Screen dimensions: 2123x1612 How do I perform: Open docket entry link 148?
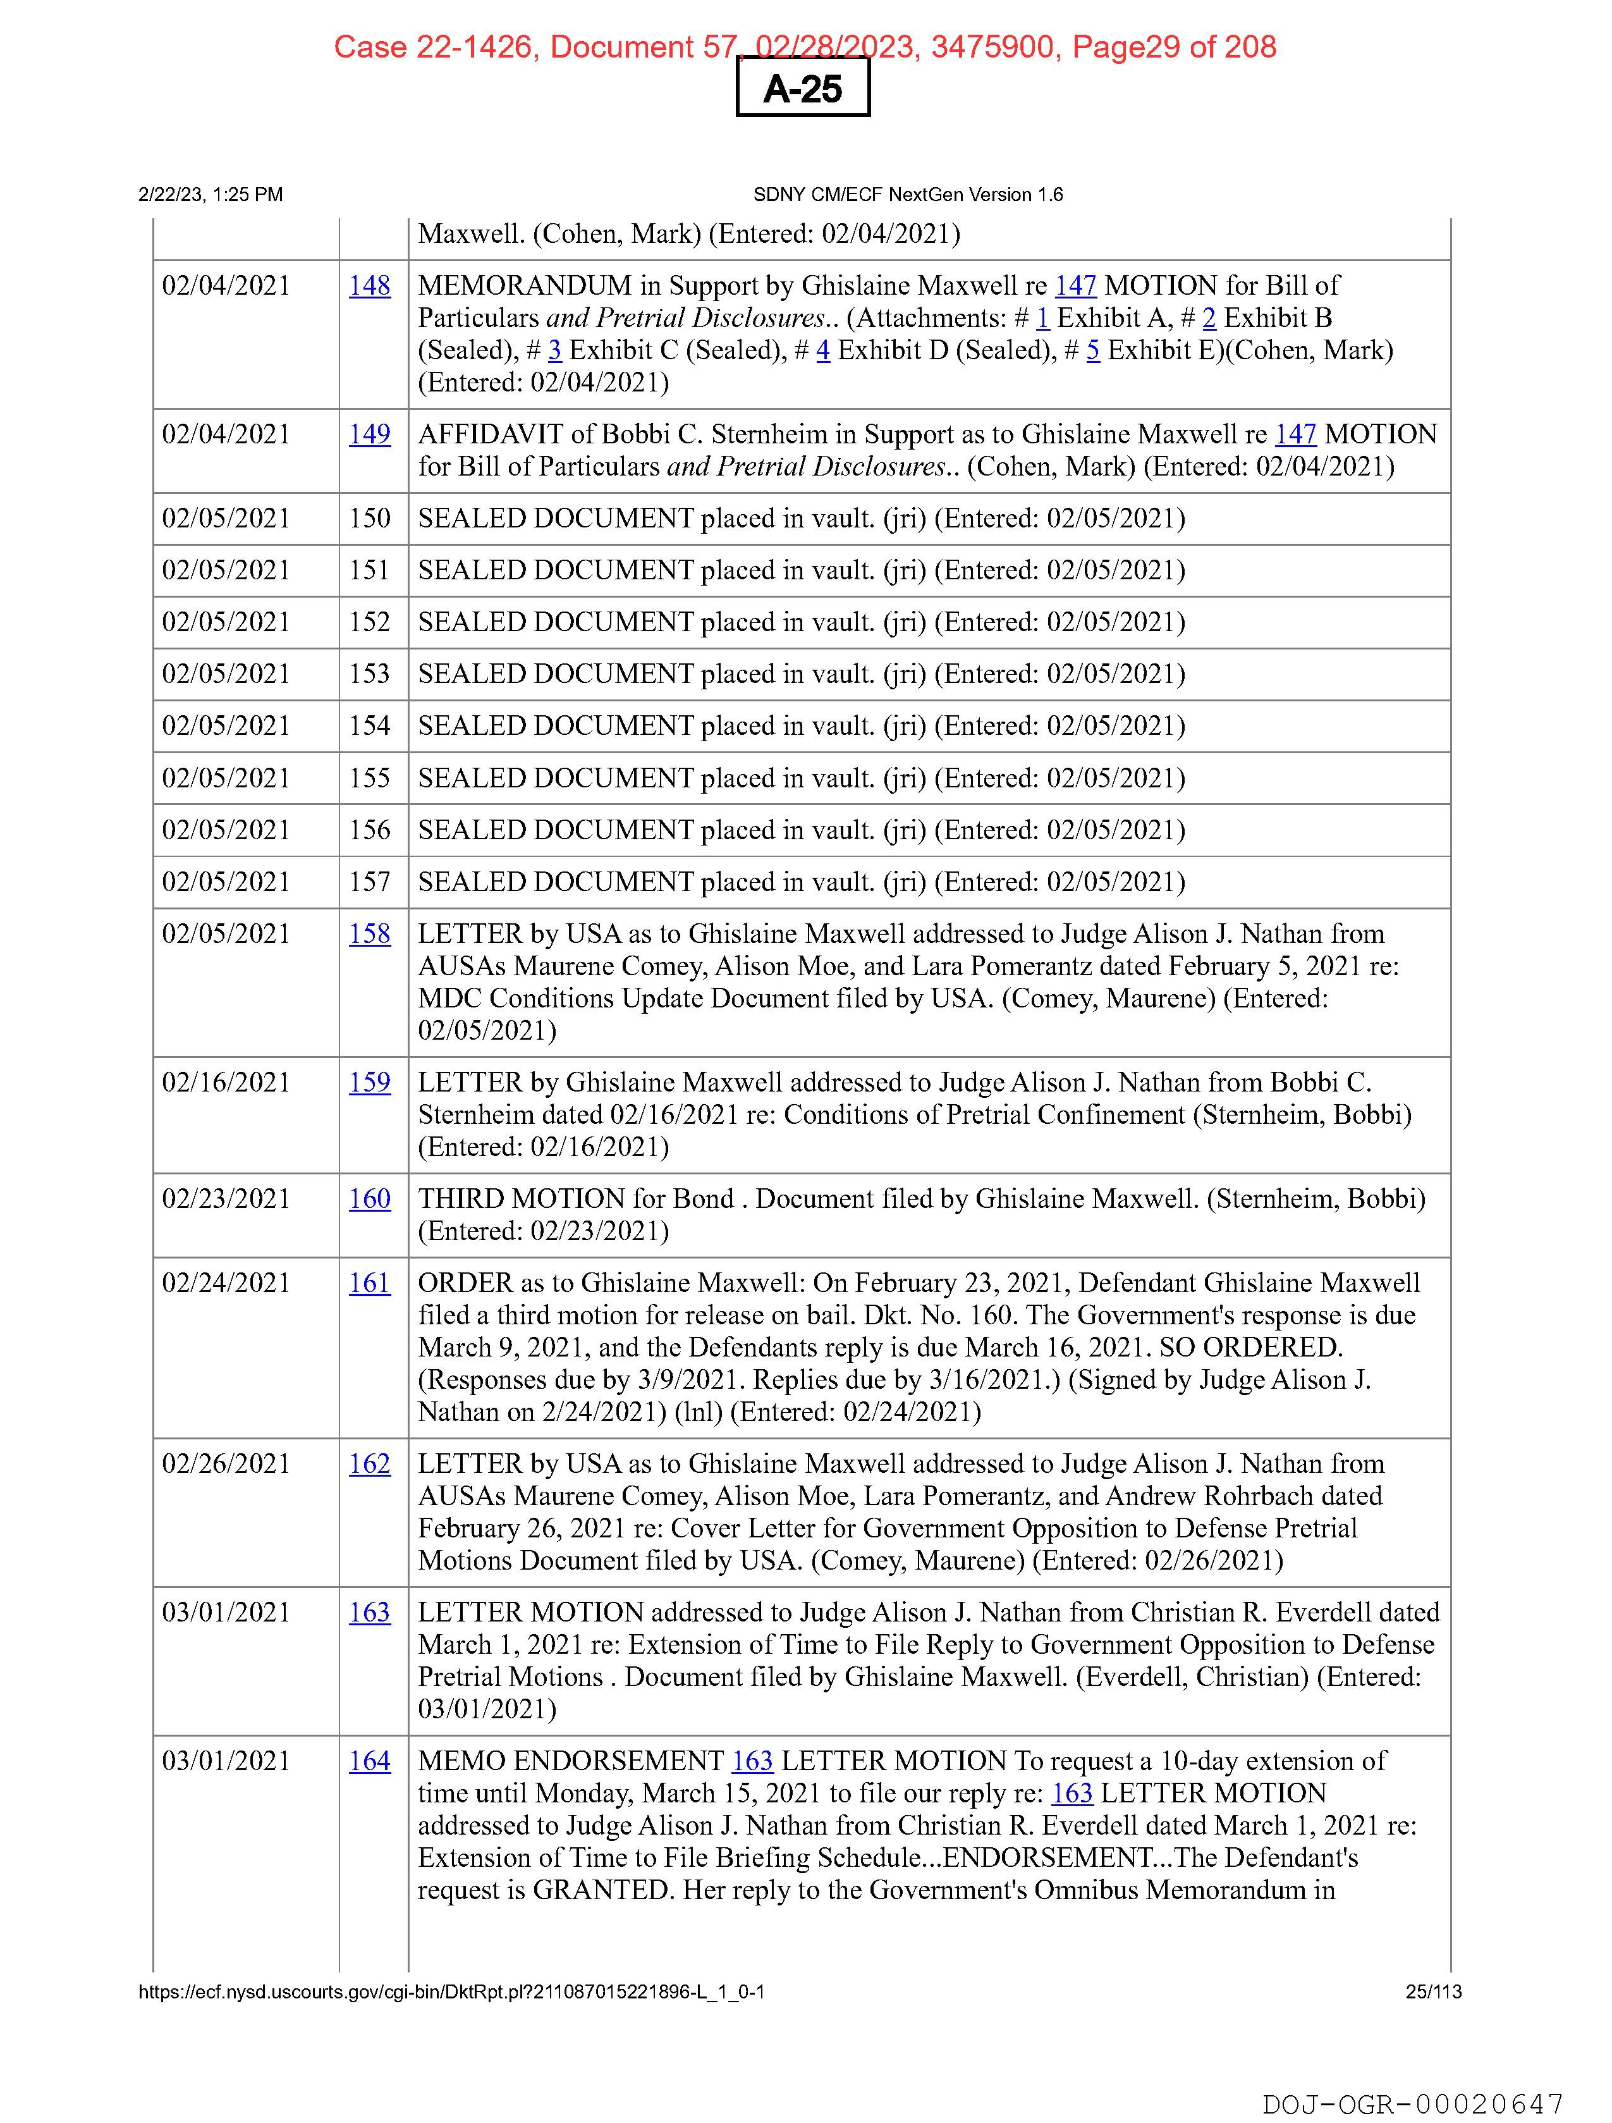tap(369, 286)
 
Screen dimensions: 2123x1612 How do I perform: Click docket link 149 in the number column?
tap(369, 434)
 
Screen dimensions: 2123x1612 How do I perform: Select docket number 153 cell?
tap(369, 674)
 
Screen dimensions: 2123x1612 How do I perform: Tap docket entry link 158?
tap(369, 934)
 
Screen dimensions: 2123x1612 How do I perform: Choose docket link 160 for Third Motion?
tap(369, 1199)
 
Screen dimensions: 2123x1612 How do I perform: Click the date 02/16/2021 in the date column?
tap(226, 1083)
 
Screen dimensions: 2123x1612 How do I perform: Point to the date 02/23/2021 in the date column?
tap(226, 1199)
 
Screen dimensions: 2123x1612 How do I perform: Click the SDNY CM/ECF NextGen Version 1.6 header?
tap(908, 195)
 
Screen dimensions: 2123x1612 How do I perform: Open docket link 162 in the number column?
tap(369, 1463)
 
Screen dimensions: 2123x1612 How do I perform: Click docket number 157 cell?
tap(369, 882)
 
